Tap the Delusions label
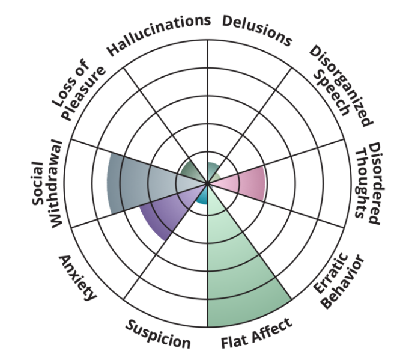pos(257,29)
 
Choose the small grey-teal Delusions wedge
pos(212,169)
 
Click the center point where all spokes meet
pos(207,183)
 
